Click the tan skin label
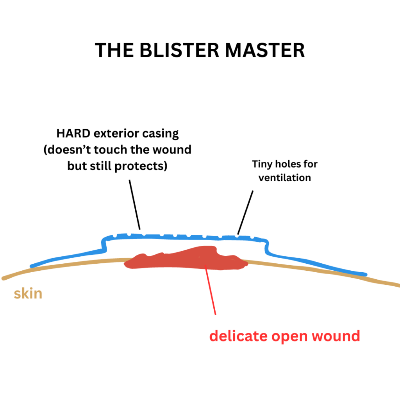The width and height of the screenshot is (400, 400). (x=28, y=293)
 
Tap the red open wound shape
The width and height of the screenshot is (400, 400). (x=184, y=260)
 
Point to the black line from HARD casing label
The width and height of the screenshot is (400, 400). (x=134, y=203)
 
